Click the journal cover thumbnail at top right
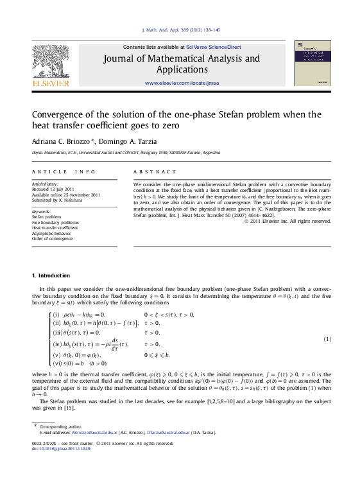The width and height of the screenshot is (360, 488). (x=313, y=63)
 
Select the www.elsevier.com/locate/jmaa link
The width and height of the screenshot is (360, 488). (x=182, y=83)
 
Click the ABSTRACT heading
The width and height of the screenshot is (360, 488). (x=155, y=172)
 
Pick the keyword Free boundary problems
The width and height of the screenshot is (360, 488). (x=51, y=222)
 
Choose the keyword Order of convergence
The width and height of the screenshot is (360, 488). (x=52, y=238)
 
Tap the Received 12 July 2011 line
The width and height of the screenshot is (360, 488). (x=55, y=189)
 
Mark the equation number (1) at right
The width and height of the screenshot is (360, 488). (x=327, y=339)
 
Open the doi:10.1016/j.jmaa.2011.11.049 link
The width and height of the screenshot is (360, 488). (x=61, y=448)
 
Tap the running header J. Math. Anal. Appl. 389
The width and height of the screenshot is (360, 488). (x=180, y=30)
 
